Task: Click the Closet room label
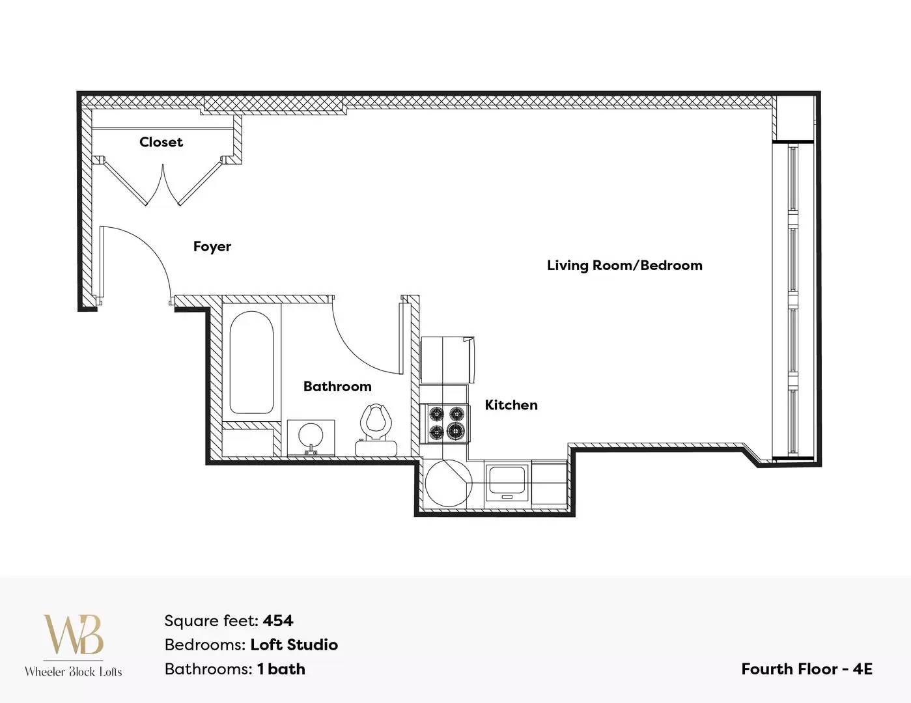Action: [x=161, y=142]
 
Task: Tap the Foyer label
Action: [x=212, y=246]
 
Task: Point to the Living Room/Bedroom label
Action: [x=624, y=265]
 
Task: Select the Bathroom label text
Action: [x=337, y=386]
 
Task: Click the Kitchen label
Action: [x=511, y=405]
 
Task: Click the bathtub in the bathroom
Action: [x=251, y=363]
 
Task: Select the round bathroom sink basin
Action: [x=311, y=435]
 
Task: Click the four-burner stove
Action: [x=447, y=423]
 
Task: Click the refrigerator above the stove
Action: [x=447, y=361]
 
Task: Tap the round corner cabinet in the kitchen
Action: [x=448, y=483]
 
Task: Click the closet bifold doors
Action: [x=163, y=183]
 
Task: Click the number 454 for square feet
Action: [x=278, y=620]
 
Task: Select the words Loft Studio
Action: [x=294, y=645]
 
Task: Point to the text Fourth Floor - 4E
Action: [x=807, y=669]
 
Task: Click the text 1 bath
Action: [x=281, y=669]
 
